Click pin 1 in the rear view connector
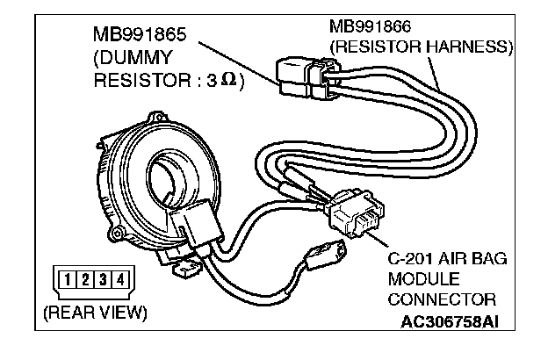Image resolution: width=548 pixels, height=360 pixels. tap(63, 281)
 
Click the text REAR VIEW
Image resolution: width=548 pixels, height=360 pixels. tap(96, 313)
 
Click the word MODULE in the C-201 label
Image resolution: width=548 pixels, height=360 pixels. tap(419, 281)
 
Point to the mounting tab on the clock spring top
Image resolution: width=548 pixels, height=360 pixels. tap(159, 116)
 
